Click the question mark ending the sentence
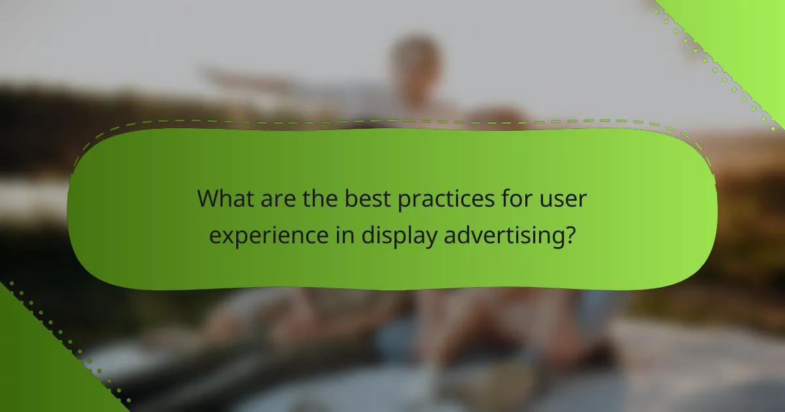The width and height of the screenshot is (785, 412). [x=570, y=234]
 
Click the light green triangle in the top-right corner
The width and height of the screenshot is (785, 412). [x=746, y=33]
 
